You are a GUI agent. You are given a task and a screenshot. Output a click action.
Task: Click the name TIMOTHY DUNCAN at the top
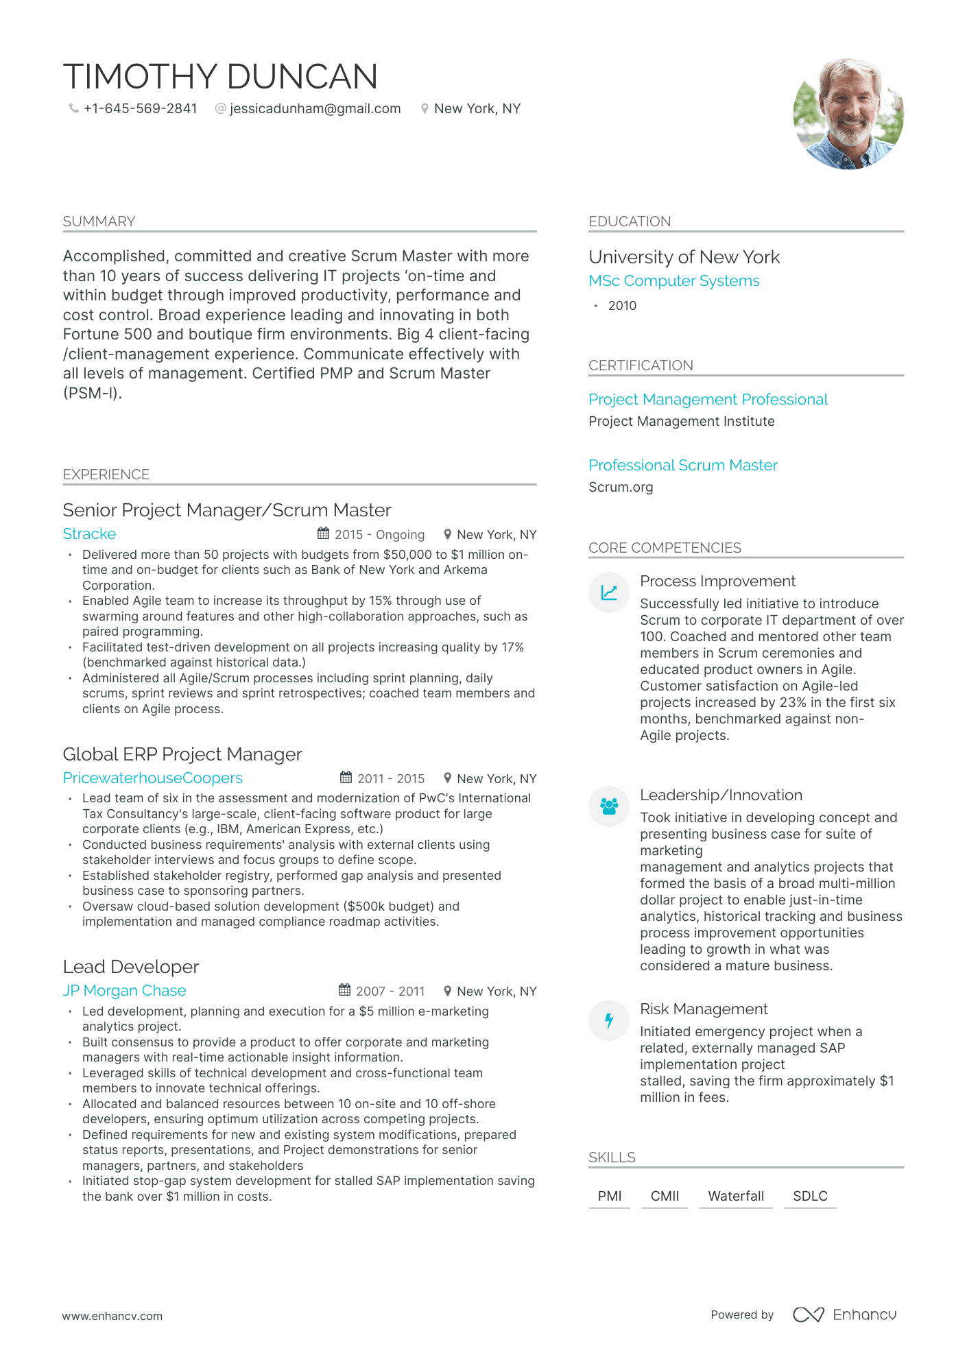220,76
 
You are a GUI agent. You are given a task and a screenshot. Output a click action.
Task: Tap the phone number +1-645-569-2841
140,108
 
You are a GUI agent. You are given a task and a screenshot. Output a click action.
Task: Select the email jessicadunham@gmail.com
315,108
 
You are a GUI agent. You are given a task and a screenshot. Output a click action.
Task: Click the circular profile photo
848,114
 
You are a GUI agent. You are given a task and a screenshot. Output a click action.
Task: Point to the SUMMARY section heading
99,221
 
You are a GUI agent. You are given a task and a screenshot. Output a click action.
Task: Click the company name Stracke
89,533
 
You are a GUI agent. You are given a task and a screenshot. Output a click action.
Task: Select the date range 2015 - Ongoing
379,535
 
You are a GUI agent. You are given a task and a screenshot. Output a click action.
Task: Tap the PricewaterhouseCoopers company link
152,778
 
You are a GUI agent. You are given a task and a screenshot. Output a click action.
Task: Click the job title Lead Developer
130,967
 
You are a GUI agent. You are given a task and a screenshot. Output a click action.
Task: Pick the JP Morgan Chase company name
124,990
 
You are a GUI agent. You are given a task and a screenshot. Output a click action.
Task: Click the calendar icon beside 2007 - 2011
344,990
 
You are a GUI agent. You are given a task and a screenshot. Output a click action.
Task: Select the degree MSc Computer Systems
673,281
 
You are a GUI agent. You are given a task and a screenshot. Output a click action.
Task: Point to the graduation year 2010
622,306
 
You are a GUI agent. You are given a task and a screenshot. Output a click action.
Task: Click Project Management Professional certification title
708,399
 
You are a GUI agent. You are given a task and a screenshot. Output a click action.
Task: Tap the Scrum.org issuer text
621,487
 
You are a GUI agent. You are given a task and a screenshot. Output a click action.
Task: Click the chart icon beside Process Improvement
608,592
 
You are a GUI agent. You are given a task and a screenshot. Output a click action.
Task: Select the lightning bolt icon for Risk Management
608,1020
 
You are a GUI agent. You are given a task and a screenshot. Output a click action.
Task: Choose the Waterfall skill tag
735,1196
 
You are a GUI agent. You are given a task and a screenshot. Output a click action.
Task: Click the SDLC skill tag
810,1196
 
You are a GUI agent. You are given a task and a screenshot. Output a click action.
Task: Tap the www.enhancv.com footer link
112,1316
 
